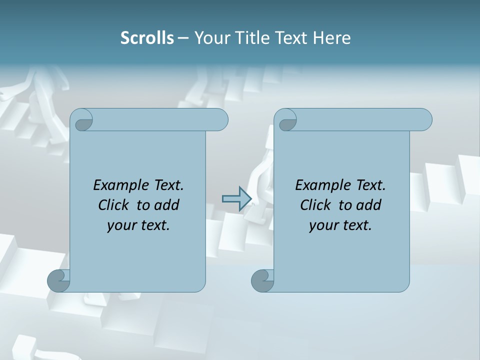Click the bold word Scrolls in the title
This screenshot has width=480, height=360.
pyautogui.click(x=147, y=38)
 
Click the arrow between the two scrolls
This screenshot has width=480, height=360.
pyautogui.click(x=236, y=198)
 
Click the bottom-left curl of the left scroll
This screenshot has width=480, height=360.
pyautogui.click(x=58, y=280)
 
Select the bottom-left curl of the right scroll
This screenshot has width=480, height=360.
pyautogui.click(x=262, y=281)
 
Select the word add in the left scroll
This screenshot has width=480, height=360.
pyautogui.click(x=167, y=205)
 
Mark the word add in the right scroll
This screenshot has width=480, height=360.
pyautogui.click(x=369, y=205)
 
